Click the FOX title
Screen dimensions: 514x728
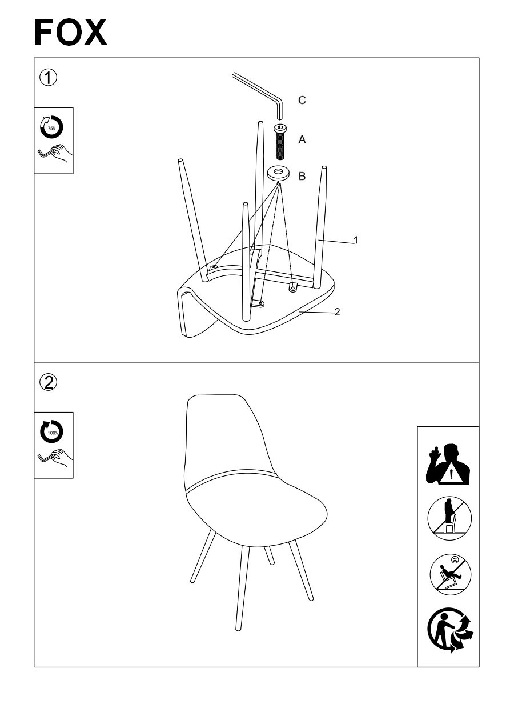tap(70, 33)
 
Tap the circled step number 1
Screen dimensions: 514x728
tap(48, 78)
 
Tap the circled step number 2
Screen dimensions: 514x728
tap(48, 382)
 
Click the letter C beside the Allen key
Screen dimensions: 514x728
tap(302, 100)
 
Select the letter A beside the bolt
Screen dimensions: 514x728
tap(302, 139)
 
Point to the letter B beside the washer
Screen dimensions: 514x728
tap(302, 176)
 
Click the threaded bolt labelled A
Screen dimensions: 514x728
tap(280, 142)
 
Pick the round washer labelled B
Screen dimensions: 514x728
tap(279, 173)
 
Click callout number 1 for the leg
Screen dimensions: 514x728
tap(355, 240)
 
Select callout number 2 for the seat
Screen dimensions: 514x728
tap(337, 312)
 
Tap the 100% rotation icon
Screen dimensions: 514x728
tap(51, 432)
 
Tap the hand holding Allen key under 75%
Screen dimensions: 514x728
tap(54, 155)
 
